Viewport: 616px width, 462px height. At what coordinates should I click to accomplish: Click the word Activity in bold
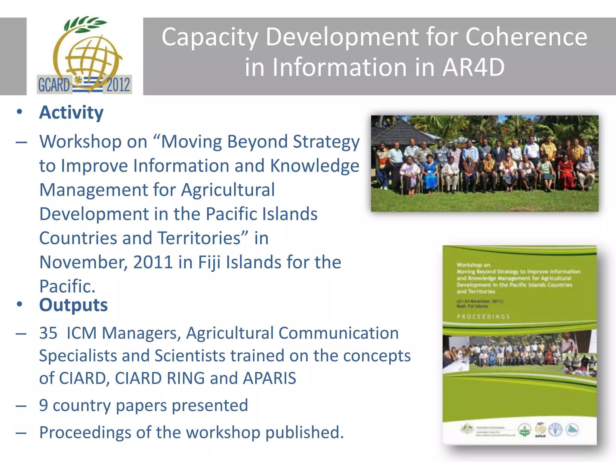pyautogui.click(x=71, y=113)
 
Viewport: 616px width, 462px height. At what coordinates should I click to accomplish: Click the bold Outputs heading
pyautogui.click(x=73, y=305)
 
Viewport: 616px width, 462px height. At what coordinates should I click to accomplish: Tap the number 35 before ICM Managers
pyautogui.click(x=48, y=333)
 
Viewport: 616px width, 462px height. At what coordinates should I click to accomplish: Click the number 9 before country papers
pyautogui.click(x=44, y=405)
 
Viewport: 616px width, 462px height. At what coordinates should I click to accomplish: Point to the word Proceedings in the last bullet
pyautogui.click(x=85, y=433)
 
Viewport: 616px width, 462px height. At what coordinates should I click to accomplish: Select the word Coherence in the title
pyautogui.click(x=526, y=37)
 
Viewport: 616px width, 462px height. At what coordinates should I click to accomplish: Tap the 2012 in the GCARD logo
pyautogui.click(x=118, y=85)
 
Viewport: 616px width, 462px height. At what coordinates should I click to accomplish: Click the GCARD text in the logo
pyautogui.click(x=54, y=85)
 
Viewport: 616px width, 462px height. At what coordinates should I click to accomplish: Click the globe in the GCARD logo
pyautogui.click(x=90, y=60)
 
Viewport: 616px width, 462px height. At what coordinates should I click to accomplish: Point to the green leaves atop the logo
pyautogui.click(x=86, y=24)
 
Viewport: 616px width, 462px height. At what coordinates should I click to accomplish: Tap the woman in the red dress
pyautogui.click(x=565, y=173)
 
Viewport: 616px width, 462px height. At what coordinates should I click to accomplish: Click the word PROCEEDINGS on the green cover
pyautogui.click(x=483, y=317)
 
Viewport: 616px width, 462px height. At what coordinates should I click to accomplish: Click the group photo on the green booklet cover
pyautogui.click(x=519, y=355)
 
